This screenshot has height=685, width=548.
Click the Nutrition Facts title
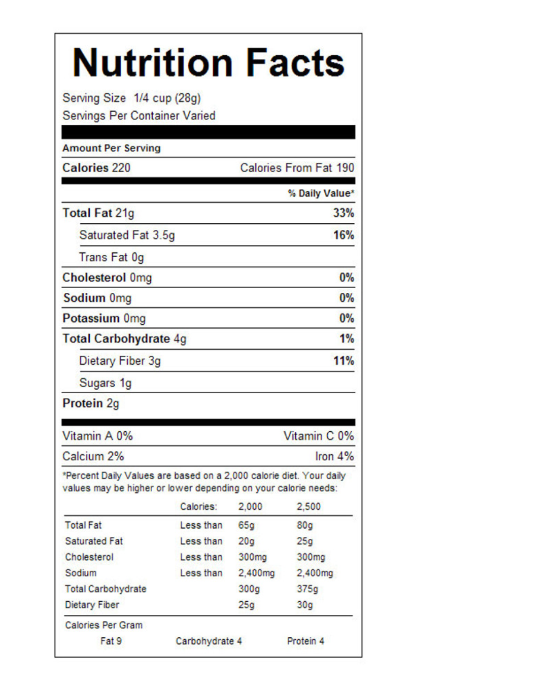click(209, 63)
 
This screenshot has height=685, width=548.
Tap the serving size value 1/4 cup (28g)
click(167, 98)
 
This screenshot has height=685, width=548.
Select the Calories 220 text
click(96, 168)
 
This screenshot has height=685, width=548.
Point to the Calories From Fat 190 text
click(297, 168)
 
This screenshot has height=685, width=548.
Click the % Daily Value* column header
click(321, 193)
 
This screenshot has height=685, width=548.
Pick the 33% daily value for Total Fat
click(344, 213)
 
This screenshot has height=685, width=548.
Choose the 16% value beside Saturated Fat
click(344, 235)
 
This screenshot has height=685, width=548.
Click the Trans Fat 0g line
click(112, 257)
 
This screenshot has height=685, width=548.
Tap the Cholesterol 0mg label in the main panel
click(107, 278)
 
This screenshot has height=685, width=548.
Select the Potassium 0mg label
click(104, 319)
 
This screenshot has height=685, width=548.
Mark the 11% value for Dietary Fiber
click(344, 361)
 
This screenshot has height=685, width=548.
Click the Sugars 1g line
click(106, 383)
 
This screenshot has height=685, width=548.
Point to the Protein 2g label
click(91, 403)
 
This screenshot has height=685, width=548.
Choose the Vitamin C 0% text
click(319, 436)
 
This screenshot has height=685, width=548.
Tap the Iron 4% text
click(334, 456)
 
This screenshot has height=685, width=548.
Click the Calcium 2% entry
click(93, 456)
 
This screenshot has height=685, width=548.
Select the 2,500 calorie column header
click(309, 506)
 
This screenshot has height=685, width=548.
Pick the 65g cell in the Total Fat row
click(247, 525)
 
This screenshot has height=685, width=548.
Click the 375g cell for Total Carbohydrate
click(307, 589)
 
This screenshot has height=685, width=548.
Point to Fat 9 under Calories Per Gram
click(111, 641)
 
